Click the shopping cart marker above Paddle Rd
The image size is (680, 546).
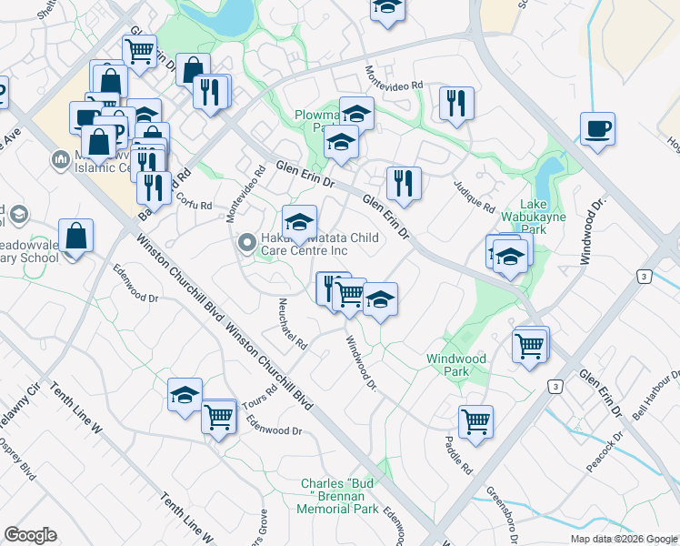[x=475, y=421]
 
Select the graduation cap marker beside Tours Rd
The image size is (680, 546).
[x=185, y=395]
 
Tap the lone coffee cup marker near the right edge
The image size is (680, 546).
[x=598, y=128]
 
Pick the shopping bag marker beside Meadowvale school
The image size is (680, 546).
[x=77, y=237]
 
